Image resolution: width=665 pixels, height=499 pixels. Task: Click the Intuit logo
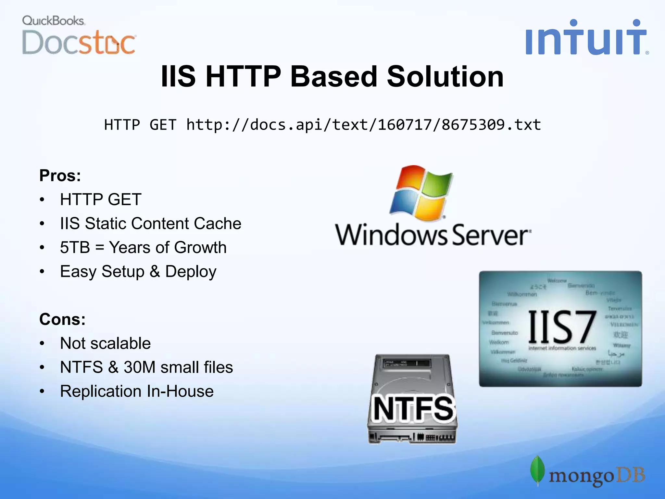586,38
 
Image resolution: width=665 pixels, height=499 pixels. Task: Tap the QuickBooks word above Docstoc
53,21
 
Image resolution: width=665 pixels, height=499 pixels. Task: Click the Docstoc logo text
79,43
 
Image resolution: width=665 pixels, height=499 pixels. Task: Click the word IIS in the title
178,77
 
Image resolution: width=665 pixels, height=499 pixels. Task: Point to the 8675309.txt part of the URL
491,125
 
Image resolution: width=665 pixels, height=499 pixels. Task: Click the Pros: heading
60,176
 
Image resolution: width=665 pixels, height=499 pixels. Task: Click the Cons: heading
62,319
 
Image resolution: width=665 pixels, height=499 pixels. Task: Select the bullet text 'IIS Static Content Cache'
150,224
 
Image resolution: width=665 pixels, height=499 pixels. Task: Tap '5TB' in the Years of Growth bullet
75,248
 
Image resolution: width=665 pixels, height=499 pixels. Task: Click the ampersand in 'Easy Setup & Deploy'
155,271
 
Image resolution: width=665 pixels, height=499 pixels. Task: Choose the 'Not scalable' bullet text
105,343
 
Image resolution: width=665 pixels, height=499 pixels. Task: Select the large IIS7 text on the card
562,327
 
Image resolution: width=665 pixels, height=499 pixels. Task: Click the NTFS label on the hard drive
413,409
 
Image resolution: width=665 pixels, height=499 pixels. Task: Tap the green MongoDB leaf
537,470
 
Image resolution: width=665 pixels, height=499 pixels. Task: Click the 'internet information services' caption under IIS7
562,348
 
